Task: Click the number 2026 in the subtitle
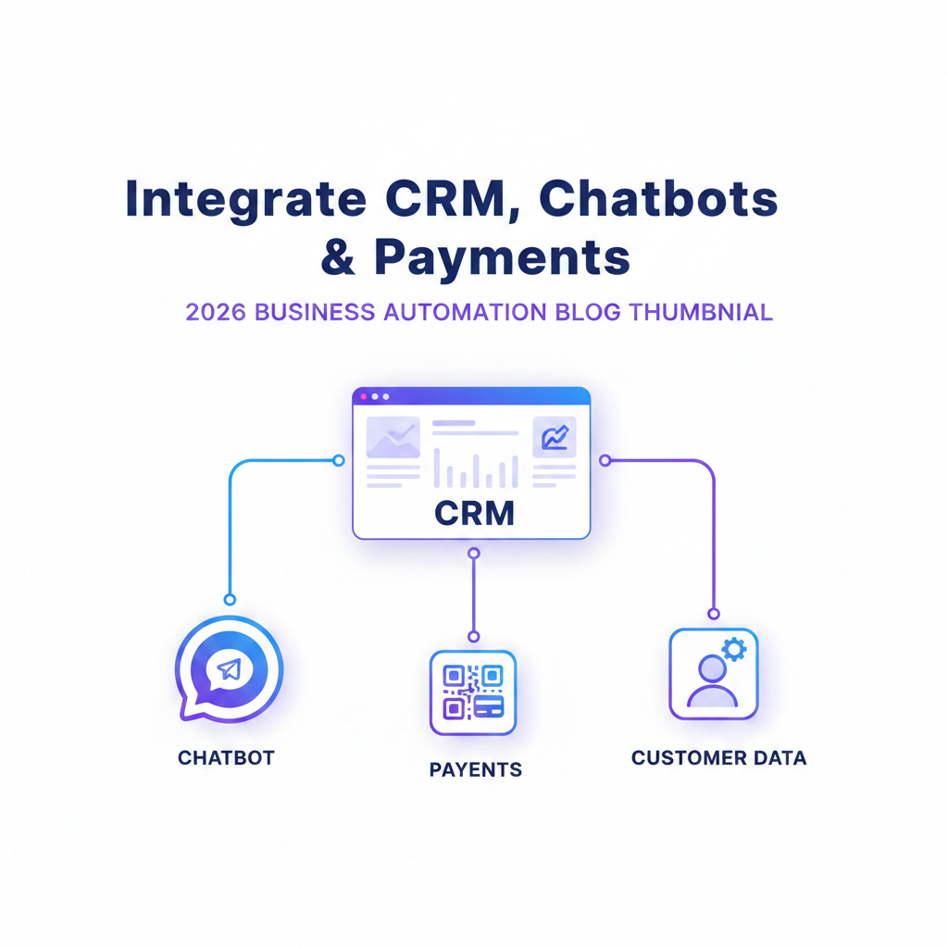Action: point(216,312)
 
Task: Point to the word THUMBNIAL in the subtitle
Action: point(701,312)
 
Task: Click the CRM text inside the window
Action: point(474,512)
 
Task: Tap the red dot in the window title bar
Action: point(364,396)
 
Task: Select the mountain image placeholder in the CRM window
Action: point(393,438)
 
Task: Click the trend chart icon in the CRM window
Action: point(555,437)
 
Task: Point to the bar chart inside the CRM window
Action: point(476,469)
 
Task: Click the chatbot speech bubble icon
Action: point(228,668)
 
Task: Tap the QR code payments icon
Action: point(472,692)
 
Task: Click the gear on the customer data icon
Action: point(733,648)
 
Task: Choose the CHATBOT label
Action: point(226,757)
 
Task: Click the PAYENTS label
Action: point(475,769)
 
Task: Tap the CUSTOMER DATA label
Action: point(718,758)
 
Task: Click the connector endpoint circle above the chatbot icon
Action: point(230,599)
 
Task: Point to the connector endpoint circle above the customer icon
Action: point(713,613)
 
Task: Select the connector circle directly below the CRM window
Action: point(474,553)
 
